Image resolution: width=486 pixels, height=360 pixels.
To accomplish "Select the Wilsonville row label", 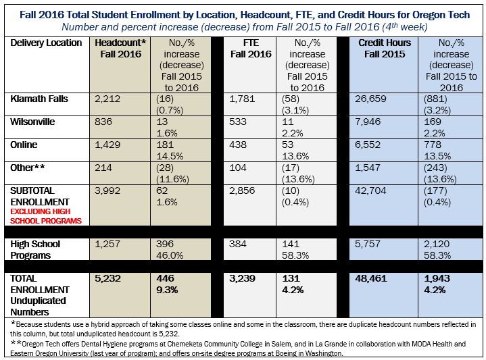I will (x=33, y=122).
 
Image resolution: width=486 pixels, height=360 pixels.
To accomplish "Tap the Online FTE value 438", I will (x=239, y=145).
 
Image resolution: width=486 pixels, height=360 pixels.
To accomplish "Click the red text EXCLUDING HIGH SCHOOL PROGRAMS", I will (x=45, y=216).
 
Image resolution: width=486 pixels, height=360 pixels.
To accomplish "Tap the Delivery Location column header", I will (x=45, y=43).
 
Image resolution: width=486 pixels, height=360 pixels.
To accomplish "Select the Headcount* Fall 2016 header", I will (x=118, y=49).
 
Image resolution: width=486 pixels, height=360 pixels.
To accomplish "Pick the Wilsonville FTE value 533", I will (x=239, y=122).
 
